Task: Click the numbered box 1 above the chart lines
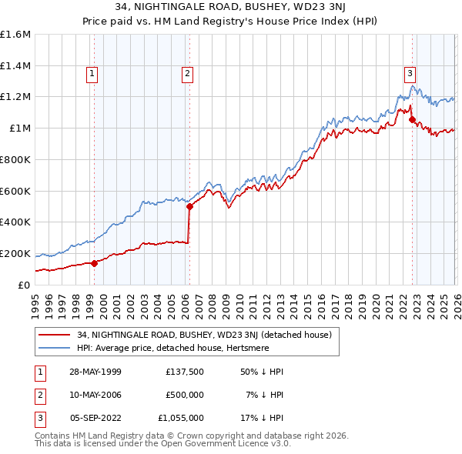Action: tap(92, 74)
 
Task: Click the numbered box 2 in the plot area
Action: tap(187, 74)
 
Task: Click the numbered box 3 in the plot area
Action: tap(410, 74)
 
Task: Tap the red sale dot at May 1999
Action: tap(95, 263)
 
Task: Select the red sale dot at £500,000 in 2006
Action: tap(189, 206)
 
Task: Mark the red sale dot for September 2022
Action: tap(412, 119)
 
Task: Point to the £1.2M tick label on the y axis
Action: tap(15, 97)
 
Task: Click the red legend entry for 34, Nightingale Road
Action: tap(204, 335)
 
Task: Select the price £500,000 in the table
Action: tap(184, 395)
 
